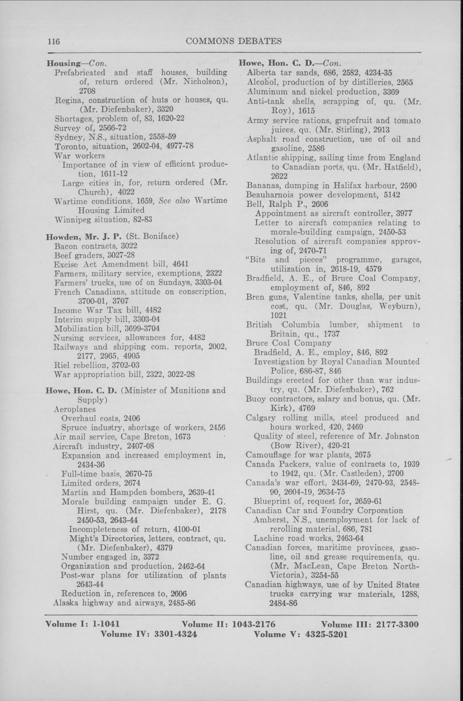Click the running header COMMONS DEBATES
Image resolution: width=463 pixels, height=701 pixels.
pyautogui.click(x=234, y=41)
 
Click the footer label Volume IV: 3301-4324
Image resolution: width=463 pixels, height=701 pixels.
pyautogui.click(x=149, y=634)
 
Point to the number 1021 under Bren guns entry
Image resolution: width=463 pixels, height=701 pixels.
pyautogui.click(x=279, y=315)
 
